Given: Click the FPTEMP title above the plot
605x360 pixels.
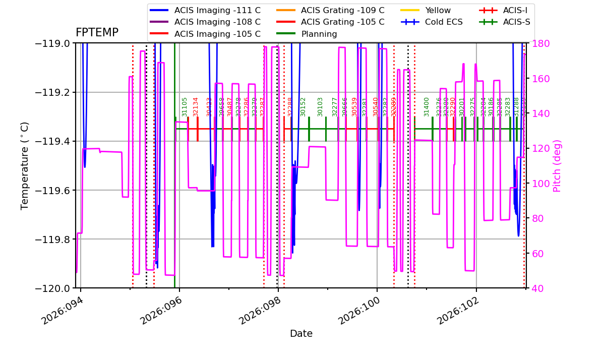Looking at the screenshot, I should (97, 33).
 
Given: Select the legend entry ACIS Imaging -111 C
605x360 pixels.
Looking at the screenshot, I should (217, 10).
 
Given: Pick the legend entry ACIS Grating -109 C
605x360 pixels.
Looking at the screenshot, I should (342, 10).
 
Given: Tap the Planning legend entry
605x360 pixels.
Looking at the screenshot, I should (319, 34).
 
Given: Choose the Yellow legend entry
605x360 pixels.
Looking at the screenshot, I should (438, 10).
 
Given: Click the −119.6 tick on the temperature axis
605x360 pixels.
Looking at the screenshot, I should (52, 190).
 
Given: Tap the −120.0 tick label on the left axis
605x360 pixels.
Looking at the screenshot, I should (52, 288).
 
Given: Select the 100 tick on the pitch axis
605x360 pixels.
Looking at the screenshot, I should (538, 183).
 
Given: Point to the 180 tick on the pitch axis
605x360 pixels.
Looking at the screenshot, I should (538, 43).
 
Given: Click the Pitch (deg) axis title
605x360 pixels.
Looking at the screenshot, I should (557, 166).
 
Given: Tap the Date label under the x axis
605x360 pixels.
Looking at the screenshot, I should (301, 334).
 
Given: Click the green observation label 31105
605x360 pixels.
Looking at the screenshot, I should (185, 107).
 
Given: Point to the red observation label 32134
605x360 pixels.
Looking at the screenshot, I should (196, 107).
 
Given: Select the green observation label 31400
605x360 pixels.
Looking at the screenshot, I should (427, 107).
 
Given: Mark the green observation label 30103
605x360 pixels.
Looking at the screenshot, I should (320, 107).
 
